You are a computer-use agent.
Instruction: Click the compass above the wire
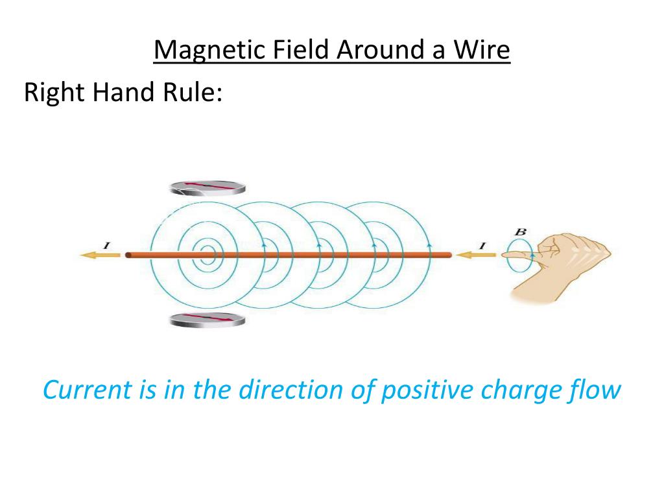(208, 187)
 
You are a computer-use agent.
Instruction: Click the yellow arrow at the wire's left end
(99, 255)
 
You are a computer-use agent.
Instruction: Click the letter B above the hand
(520, 231)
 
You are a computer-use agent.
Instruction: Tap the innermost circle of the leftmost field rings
(207, 255)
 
